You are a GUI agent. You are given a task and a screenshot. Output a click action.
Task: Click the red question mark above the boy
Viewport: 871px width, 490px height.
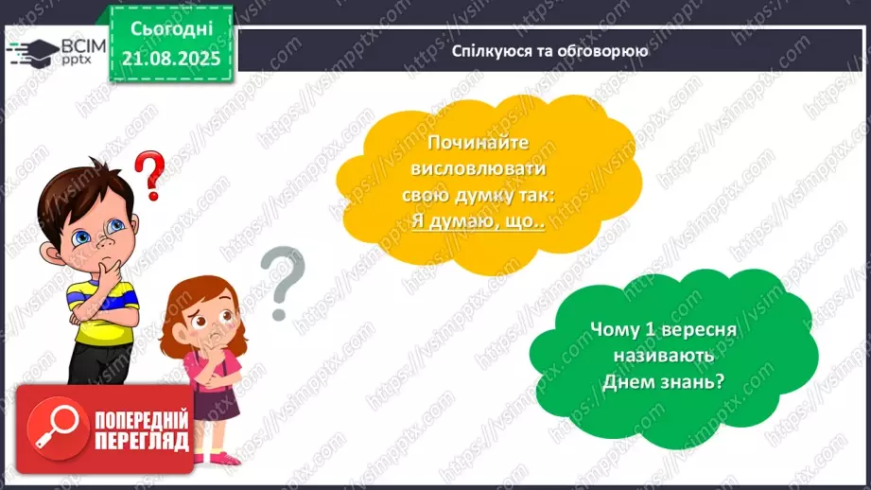[149, 173]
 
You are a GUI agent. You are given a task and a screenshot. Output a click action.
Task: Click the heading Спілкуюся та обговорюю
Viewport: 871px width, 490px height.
[549, 51]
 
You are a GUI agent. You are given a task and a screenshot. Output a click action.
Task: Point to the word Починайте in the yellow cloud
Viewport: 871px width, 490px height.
[478, 143]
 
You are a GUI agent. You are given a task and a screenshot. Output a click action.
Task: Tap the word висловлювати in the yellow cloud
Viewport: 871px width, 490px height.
[479, 169]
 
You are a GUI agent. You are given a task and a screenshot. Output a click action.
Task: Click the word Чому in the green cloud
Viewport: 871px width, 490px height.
[610, 330]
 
